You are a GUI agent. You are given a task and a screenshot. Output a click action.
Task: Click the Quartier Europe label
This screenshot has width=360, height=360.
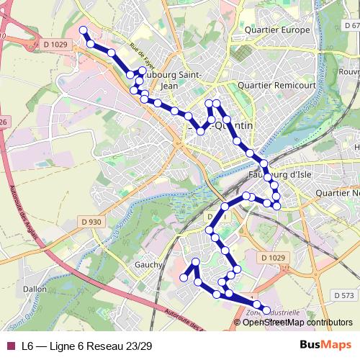click(x=277, y=30)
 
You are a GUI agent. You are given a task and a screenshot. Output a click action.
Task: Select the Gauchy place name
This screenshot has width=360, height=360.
click(x=148, y=265)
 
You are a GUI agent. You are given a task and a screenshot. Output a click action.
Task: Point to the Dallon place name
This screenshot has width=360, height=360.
click(x=35, y=288)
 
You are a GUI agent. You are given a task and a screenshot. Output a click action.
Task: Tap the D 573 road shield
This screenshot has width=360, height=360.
click(x=345, y=295)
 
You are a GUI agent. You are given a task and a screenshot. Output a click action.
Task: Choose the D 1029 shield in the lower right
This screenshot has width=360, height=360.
click(x=274, y=258)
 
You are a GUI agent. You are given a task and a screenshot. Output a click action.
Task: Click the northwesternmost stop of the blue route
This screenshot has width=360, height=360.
click(x=83, y=30)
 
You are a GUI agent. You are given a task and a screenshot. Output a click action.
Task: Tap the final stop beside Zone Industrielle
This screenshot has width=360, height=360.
click(x=266, y=310)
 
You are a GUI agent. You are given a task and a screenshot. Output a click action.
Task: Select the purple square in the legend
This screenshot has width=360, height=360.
click(x=9, y=346)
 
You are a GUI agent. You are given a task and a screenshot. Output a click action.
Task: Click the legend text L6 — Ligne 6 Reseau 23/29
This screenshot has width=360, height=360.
click(x=86, y=346)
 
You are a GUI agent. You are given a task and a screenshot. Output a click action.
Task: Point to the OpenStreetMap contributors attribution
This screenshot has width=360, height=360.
click(x=297, y=323)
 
